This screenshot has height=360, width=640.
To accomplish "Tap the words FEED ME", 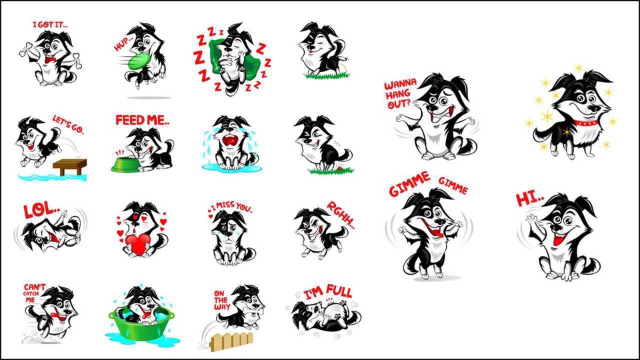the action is point(142,120).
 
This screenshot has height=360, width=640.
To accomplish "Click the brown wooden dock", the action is point(70,167).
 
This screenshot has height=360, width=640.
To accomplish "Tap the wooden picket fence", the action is point(231,341).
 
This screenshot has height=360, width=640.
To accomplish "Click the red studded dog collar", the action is point(586,123).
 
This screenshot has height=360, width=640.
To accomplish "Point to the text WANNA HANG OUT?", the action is point(401,93).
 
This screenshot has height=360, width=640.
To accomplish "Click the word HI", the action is point(529,199).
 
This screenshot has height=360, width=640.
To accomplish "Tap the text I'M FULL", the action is point(328,293).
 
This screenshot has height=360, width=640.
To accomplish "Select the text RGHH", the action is point(341,215).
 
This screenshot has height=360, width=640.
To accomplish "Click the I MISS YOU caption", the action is point(231,206).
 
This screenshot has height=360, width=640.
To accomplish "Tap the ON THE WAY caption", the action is point(222,300).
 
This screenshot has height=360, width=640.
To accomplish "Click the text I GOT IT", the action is point(50,25).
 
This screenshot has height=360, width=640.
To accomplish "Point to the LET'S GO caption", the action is point(68,125).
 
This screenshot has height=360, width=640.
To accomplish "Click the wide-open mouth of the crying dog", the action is point(231,141).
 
